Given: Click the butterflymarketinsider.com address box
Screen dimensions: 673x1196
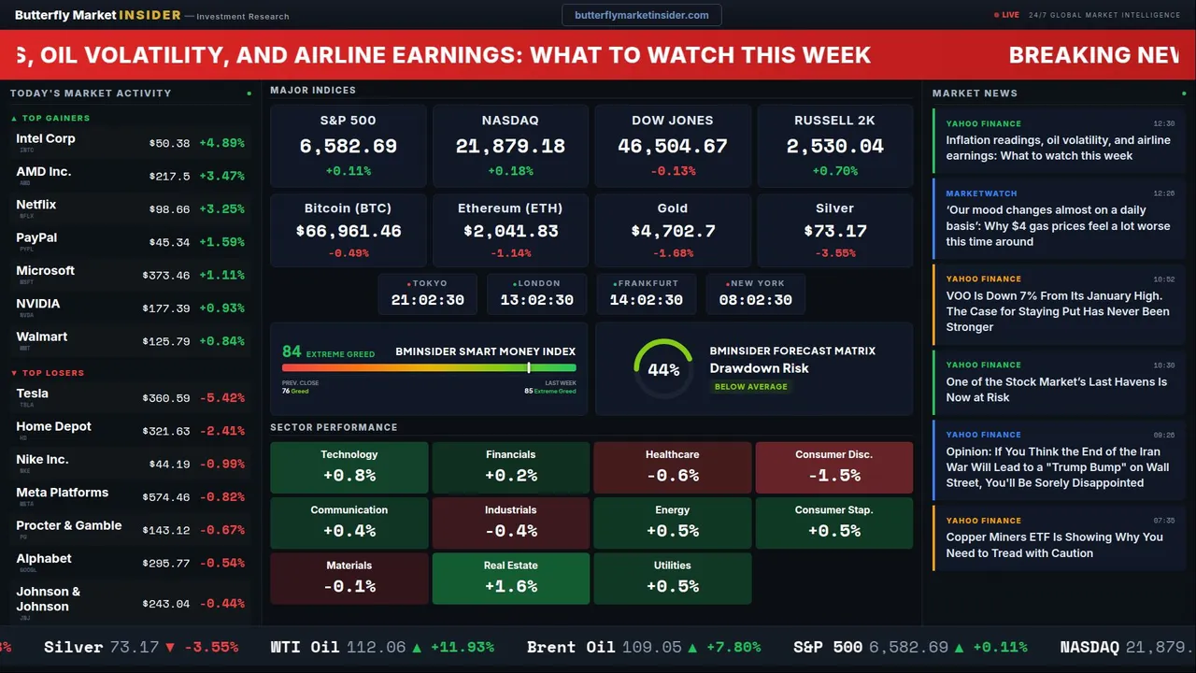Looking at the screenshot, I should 641,15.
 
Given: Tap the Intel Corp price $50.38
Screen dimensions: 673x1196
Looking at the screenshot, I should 169,144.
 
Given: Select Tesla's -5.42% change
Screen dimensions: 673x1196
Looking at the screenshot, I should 222,398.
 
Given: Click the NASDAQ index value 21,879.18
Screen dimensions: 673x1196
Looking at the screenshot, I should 510,147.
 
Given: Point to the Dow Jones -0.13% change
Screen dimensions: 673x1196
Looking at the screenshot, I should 673,171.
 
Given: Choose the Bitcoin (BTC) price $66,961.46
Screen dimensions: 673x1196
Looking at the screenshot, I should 349,231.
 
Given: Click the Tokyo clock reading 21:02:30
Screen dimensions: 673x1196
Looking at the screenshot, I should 427,300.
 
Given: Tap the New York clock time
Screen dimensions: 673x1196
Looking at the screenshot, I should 755,300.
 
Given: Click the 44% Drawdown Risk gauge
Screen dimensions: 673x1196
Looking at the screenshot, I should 663,369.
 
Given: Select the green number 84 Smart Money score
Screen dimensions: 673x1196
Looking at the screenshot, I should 292,351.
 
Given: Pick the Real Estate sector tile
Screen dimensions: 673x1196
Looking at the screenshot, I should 510,578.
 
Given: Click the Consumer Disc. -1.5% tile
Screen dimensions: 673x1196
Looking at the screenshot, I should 833,467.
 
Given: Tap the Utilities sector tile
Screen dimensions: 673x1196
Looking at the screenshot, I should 672,578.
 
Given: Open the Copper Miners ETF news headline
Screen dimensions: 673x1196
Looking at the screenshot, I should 1054,545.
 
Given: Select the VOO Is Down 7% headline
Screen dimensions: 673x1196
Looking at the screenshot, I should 1057,311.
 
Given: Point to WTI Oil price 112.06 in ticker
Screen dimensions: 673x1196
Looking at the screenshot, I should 376,647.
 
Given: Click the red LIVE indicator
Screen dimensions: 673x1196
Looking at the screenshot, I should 1010,15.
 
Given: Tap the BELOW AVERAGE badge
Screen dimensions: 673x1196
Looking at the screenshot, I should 750,386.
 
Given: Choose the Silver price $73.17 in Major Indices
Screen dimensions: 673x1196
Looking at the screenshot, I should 834,231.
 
